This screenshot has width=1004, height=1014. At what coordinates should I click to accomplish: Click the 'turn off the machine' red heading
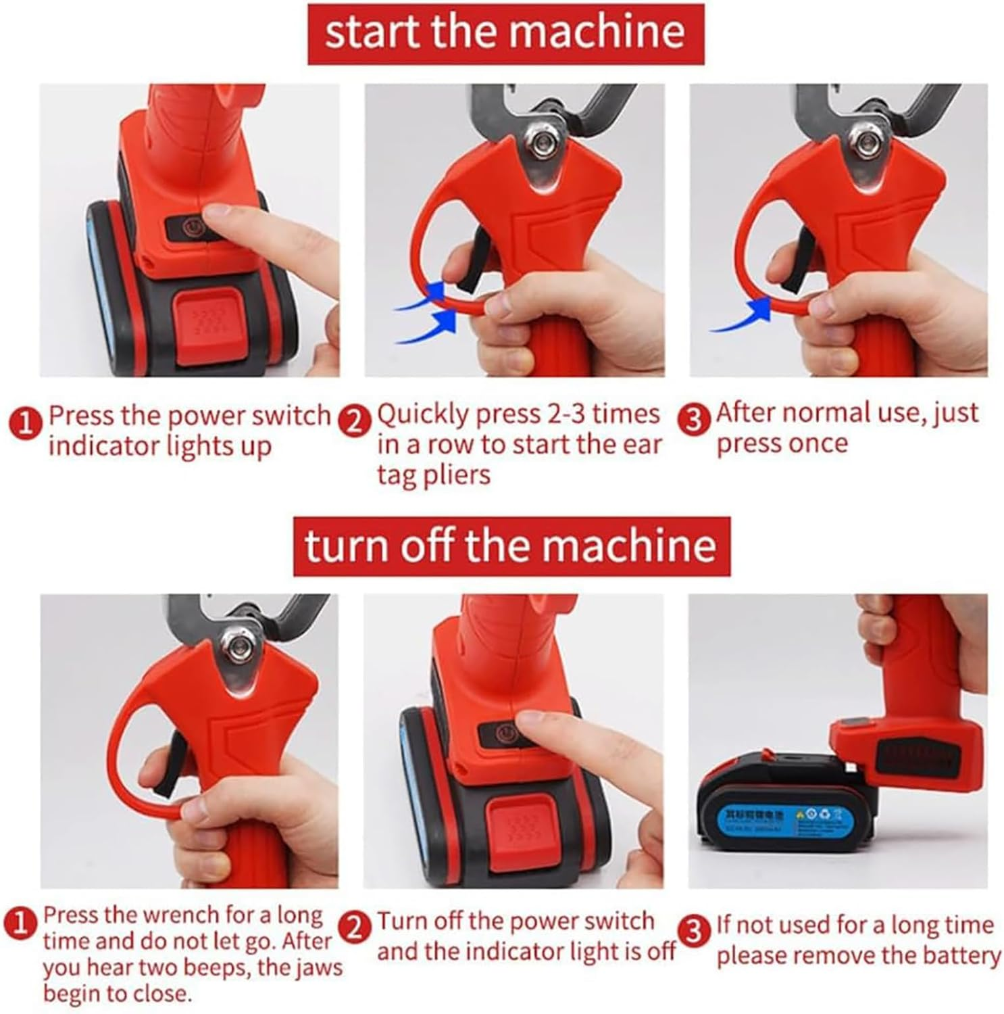(511, 546)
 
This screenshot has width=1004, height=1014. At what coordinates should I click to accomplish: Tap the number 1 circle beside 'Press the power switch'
(24, 425)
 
